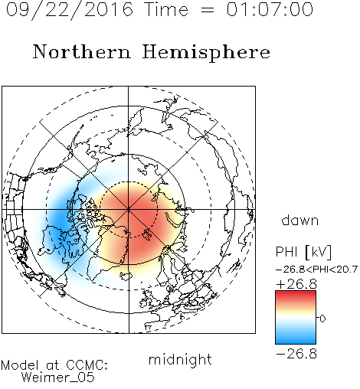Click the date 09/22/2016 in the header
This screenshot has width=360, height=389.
coord(70,10)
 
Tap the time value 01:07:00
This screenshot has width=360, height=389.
coord(270,9)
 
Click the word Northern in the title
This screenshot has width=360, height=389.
coord(82,51)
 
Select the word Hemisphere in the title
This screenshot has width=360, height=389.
coord(206,53)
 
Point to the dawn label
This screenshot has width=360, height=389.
coord(300,220)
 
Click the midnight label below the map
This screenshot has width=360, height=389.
coord(180,359)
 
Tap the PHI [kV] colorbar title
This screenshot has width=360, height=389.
coord(303,252)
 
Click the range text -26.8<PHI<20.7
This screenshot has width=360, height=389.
coord(316,270)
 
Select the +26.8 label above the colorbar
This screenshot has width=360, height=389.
coord(296,284)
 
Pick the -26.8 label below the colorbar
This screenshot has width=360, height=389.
coord(296,354)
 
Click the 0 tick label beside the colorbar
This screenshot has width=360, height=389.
coord(322,319)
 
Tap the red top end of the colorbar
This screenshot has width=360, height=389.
coord(296,293)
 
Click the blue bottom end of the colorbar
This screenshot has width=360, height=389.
coord(296,342)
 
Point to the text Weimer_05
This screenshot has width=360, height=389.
coord(58,377)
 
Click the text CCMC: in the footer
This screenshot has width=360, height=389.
coord(87,365)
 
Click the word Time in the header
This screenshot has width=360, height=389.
coord(166,9)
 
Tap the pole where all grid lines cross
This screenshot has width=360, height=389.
coord(129,210)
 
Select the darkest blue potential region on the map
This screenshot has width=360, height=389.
coord(59,218)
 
